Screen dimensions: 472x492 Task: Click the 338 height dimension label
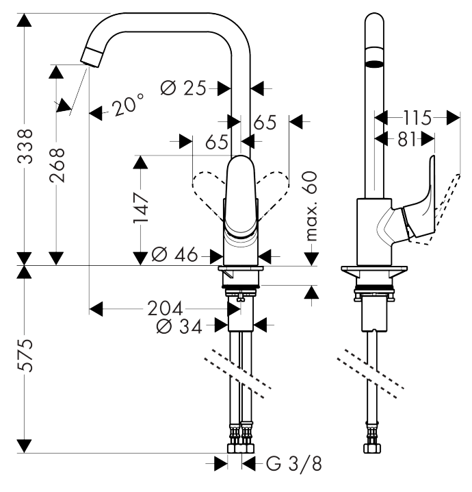(25, 146)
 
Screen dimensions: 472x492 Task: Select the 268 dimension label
(57, 165)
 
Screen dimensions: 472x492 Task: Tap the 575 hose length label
(25, 355)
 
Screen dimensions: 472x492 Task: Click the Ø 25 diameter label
(183, 88)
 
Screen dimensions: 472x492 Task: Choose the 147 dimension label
(141, 208)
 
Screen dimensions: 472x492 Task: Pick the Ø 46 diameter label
(174, 254)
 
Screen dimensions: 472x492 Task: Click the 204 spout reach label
(165, 308)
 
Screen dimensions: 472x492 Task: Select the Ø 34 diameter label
(179, 328)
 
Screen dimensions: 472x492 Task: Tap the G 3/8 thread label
(293, 464)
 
